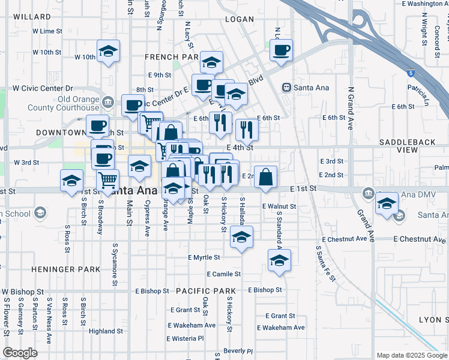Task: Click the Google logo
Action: (20, 353)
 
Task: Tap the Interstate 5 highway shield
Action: (410, 73)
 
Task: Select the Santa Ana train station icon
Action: (287, 88)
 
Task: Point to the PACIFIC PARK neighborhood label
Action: (206, 291)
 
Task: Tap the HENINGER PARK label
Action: (66, 269)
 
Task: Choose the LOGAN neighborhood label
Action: (240, 19)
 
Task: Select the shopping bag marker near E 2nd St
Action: (266, 177)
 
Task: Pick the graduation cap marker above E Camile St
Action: (279, 260)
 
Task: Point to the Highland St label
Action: (106, 331)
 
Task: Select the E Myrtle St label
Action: (204, 257)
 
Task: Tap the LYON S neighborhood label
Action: (433, 320)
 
